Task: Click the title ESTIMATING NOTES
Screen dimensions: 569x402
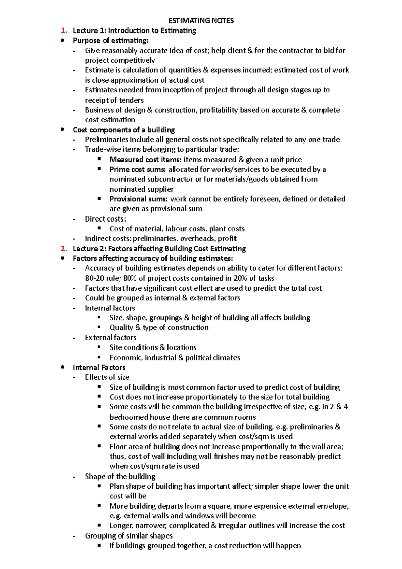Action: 201,21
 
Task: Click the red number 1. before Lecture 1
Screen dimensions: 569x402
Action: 64,31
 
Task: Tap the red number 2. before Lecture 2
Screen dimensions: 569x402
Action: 64,249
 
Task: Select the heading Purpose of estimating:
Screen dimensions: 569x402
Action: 111,41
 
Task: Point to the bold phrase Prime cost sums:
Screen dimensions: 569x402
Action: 138,169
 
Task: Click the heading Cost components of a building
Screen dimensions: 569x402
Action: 124,130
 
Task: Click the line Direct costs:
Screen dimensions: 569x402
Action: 106,219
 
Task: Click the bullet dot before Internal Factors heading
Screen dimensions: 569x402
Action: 62,367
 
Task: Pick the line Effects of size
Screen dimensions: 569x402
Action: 107,377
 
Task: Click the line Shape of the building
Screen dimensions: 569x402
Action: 120,477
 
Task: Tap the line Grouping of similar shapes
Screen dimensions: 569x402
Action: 129,536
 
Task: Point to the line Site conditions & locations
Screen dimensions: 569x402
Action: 153,347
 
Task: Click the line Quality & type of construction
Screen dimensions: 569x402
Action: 159,328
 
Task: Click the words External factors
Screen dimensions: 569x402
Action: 111,338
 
